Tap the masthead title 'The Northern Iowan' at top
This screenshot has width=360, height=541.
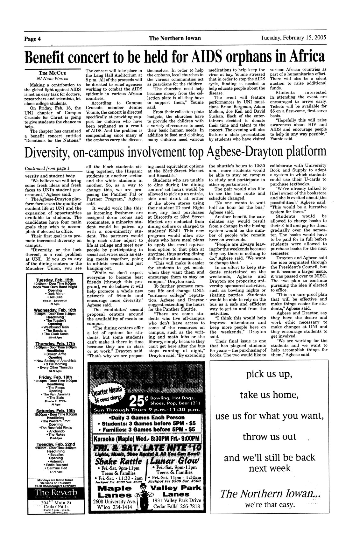click(175, 39)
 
